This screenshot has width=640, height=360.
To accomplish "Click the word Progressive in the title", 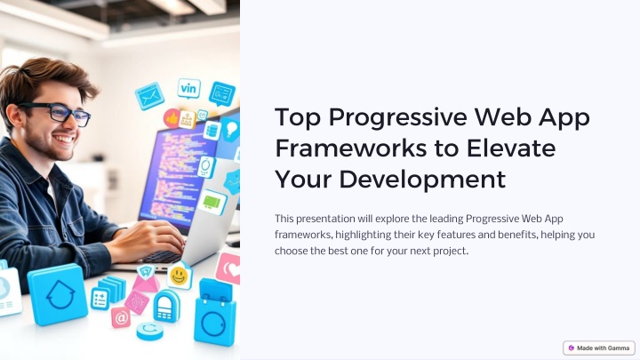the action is coord(397,117).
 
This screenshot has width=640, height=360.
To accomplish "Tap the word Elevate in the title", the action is coord(510,148).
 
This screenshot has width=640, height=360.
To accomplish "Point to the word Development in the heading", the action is coord(422,180).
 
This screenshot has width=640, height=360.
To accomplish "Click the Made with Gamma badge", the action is coord(599,348).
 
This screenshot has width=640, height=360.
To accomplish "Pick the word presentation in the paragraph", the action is coord(325,219).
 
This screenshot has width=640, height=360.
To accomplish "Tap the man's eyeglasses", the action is coord(57,113).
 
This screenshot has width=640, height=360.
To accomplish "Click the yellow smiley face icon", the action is coord(179,276).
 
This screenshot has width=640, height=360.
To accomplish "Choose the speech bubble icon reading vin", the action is coord(188,89).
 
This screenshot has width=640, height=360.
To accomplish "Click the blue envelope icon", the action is coord(149,96).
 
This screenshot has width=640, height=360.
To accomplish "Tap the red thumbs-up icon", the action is coord(172,118).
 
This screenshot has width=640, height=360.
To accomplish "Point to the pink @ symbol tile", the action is coord(121,317).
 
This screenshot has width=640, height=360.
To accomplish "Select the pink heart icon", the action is coord(228,268).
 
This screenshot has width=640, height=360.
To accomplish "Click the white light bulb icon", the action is coord(230,130).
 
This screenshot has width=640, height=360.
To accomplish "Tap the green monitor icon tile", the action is coord(212,202).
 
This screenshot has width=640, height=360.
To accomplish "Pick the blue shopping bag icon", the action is coord(215,315).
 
